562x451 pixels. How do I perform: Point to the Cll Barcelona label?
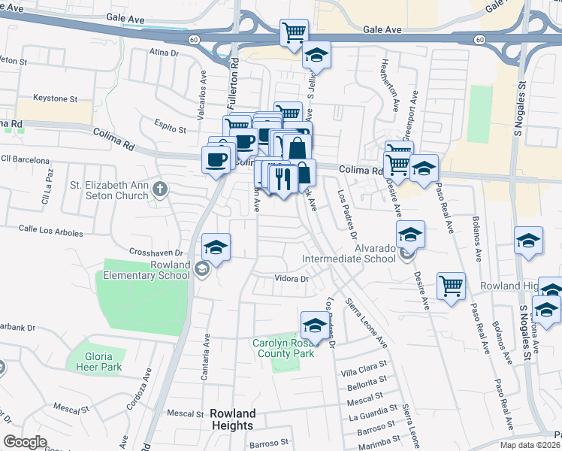25,160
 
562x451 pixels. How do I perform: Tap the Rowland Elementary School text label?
147,270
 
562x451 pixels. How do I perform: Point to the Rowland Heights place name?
233,419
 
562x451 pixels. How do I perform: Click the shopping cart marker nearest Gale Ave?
294,32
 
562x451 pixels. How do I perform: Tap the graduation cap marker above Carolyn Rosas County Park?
314,325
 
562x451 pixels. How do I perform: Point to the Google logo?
26,442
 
